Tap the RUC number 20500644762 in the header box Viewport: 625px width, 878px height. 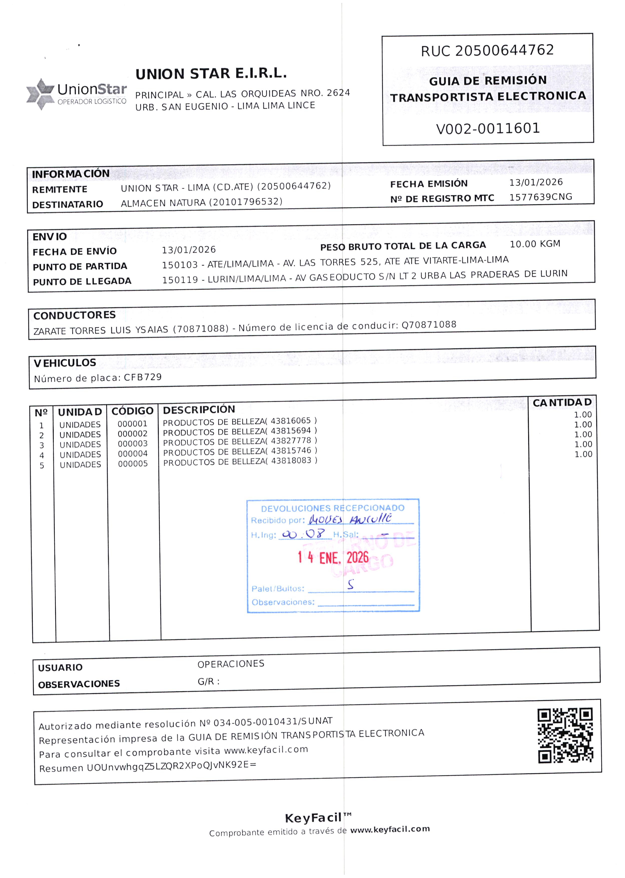click(504, 50)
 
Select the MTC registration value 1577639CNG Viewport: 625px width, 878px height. click(540, 197)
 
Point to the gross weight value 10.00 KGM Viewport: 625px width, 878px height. click(535, 244)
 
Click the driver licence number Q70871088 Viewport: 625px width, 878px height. click(429, 325)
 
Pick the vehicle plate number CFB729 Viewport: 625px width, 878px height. click(143, 377)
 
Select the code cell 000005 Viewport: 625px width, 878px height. click(133, 464)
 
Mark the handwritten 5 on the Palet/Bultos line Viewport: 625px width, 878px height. click(350, 585)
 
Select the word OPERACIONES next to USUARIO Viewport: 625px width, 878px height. click(231, 664)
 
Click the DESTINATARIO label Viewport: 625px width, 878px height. click(68, 204)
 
